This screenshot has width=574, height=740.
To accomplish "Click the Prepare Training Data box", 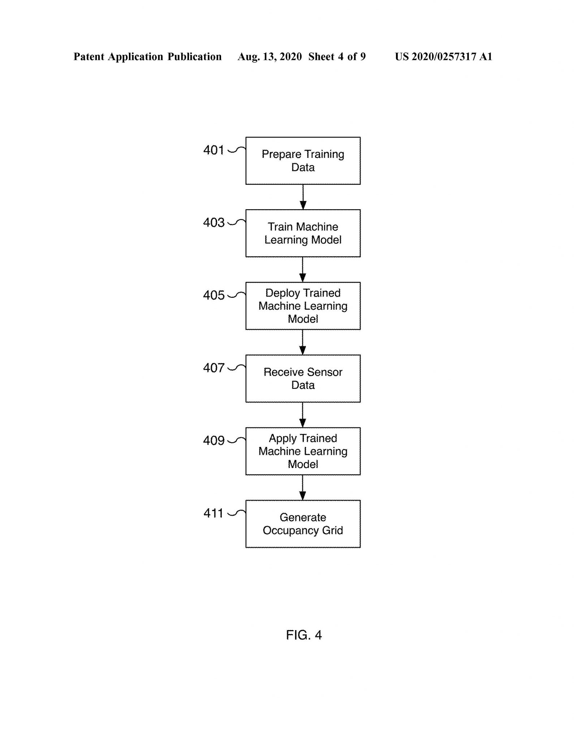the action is point(303,161).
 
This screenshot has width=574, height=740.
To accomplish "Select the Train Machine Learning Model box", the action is point(303,233).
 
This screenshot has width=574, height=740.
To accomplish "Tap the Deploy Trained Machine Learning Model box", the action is point(303,306).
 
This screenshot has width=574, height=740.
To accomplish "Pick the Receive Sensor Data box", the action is point(303,379).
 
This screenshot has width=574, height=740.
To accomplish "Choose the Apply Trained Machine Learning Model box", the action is point(303,451).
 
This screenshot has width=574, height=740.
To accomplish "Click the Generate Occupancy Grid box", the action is point(303,524).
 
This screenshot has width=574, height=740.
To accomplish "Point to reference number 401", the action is point(213,150).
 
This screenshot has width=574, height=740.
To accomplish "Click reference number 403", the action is point(213,223).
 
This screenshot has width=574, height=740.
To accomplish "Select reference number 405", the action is point(213,295).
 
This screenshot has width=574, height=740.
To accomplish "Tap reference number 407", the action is point(213,368).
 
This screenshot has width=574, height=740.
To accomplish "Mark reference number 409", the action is point(213,440).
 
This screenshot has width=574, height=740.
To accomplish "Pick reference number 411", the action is point(213,513).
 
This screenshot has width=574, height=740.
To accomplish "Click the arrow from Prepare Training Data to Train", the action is point(303,197).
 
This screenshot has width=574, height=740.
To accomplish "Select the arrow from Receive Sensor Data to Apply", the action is point(303,415).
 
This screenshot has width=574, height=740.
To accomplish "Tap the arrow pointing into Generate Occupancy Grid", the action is point(303,488).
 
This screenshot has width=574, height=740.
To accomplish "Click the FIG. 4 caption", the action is point(304,634).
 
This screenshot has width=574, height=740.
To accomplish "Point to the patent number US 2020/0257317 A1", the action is point(443,57).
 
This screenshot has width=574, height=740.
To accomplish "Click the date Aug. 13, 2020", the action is point(269,57).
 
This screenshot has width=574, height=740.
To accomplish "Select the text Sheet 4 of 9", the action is point(337,57).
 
